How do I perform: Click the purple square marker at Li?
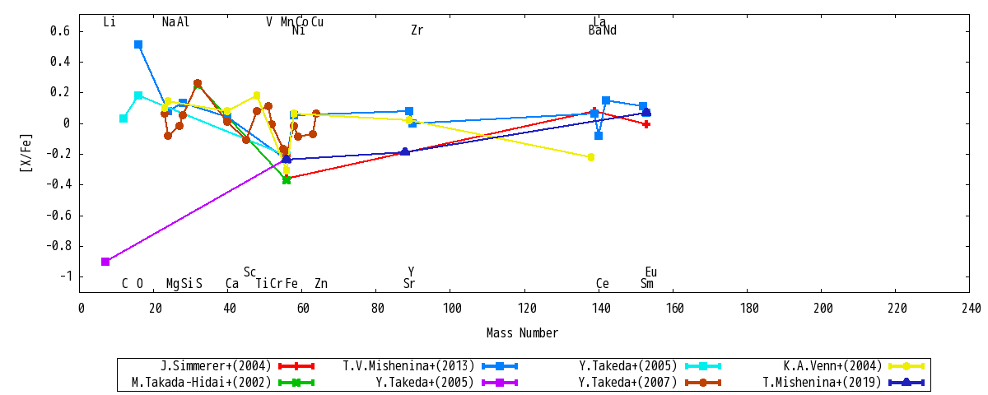coord(105,262)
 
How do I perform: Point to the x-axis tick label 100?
coord(452,308)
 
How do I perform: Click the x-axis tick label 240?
coord(972,308)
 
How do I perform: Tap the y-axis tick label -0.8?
coord(58,246)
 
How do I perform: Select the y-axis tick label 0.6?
coord(60,31)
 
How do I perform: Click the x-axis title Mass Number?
coord(522,332)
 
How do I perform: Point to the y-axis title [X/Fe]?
coord(26,153)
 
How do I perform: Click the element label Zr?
coord(417,30)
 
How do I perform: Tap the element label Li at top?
coord(110,21)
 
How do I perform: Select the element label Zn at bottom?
coord(321,283)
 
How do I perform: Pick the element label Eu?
coord(651,272)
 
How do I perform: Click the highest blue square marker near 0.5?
coord(138,44)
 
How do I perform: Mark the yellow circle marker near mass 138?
coord(591,157)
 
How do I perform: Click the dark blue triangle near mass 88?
coord(405,151)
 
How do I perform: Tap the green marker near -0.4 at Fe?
coord(287,180)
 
